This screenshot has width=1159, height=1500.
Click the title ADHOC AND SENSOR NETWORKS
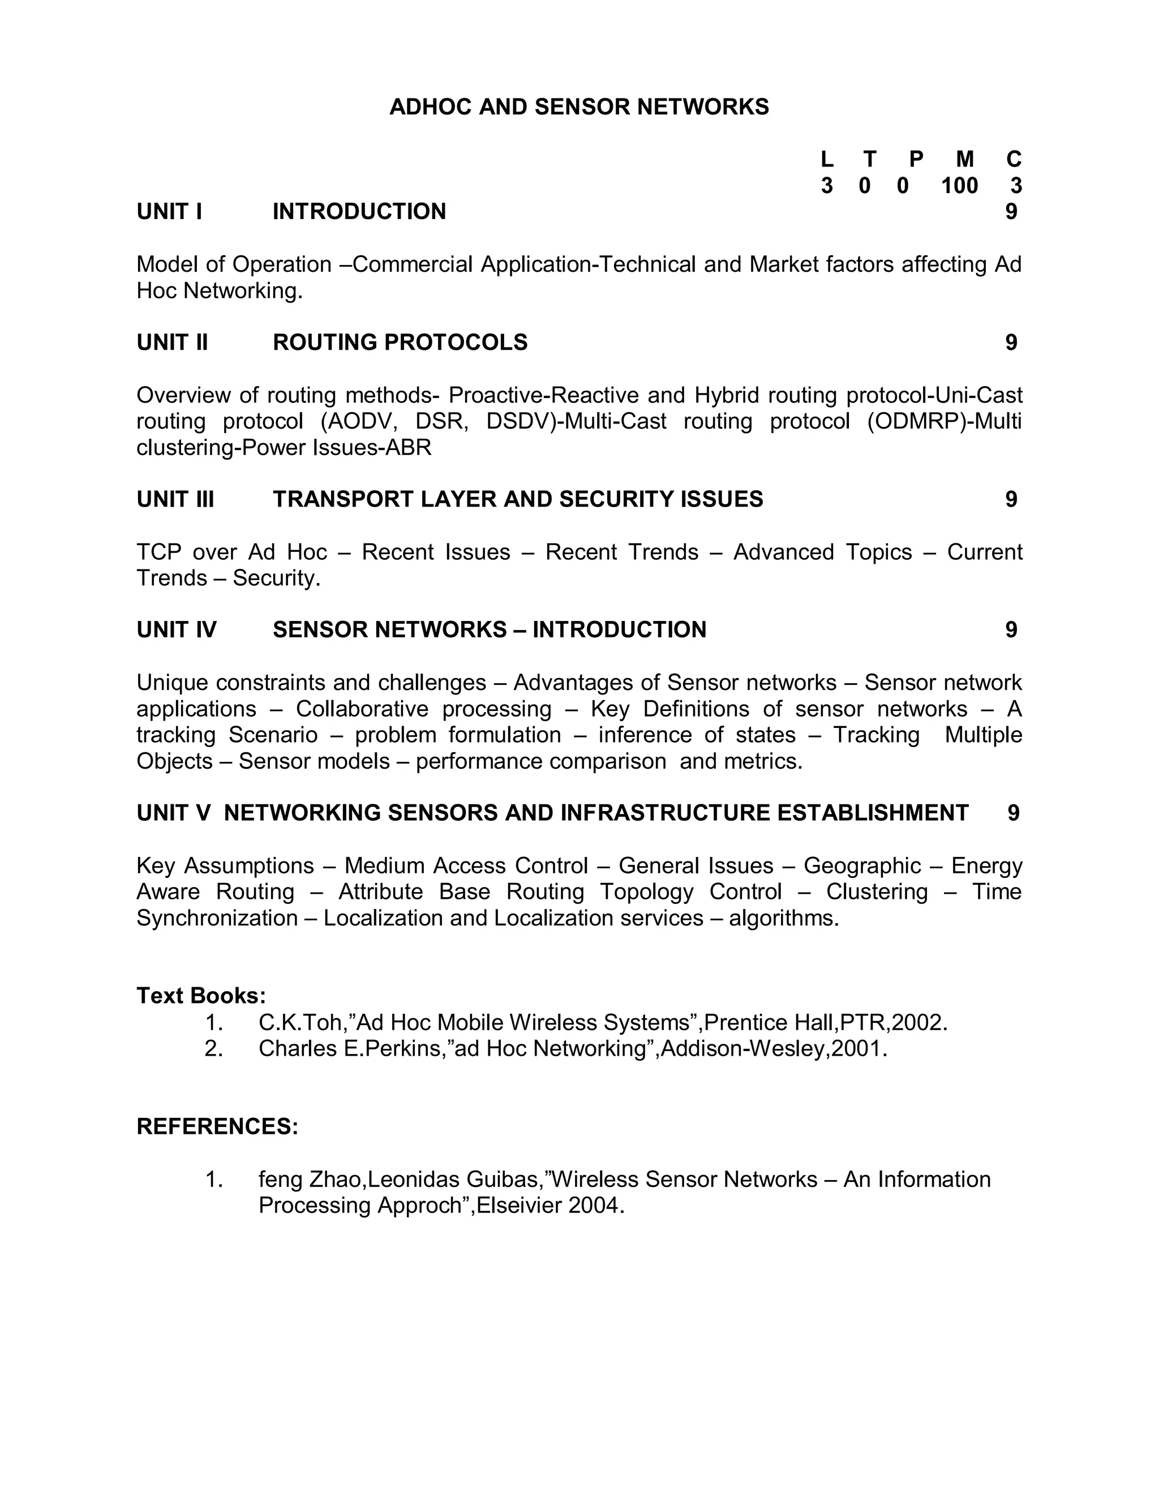(579, 107)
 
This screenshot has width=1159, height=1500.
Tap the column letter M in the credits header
(965, 160)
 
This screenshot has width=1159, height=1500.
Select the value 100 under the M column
(959, 186)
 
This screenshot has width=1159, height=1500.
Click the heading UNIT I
(169, 212)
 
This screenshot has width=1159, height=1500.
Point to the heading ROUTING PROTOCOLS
(400, 342)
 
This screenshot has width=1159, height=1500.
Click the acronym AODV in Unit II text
(358, 421)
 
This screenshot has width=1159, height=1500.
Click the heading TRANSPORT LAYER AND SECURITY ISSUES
(518, 499)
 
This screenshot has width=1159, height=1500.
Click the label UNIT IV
(177, 630)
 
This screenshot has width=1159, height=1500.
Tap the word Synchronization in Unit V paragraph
(217, 918)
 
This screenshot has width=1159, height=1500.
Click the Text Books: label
(201, 996)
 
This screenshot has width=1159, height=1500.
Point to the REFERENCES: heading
(217, 1127)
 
